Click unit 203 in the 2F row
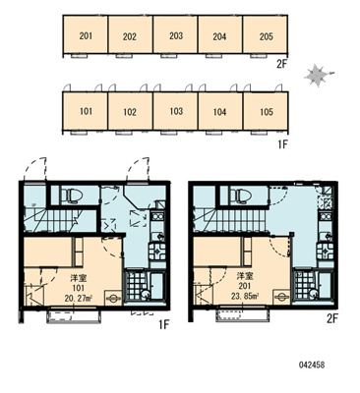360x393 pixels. (176, 34)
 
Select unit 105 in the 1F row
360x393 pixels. (266, 111)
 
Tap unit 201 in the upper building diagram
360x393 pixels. (86, 34)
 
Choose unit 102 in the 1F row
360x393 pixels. (130, 111)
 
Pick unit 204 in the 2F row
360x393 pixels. (220, 34)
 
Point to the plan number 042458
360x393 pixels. (312, 365)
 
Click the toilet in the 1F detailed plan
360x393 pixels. (71, 196)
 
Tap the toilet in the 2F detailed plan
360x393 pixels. (240, 196)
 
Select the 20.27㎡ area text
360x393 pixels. (79, 298)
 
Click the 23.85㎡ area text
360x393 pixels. (246, 296)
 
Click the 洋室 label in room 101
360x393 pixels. (79, 279)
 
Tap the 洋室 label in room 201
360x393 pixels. (246, 277)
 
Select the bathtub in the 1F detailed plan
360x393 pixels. (158, 285)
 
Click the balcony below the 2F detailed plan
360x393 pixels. (243, 314)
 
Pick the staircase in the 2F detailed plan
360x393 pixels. (229, 220)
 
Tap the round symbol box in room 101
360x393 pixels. (113, 298)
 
